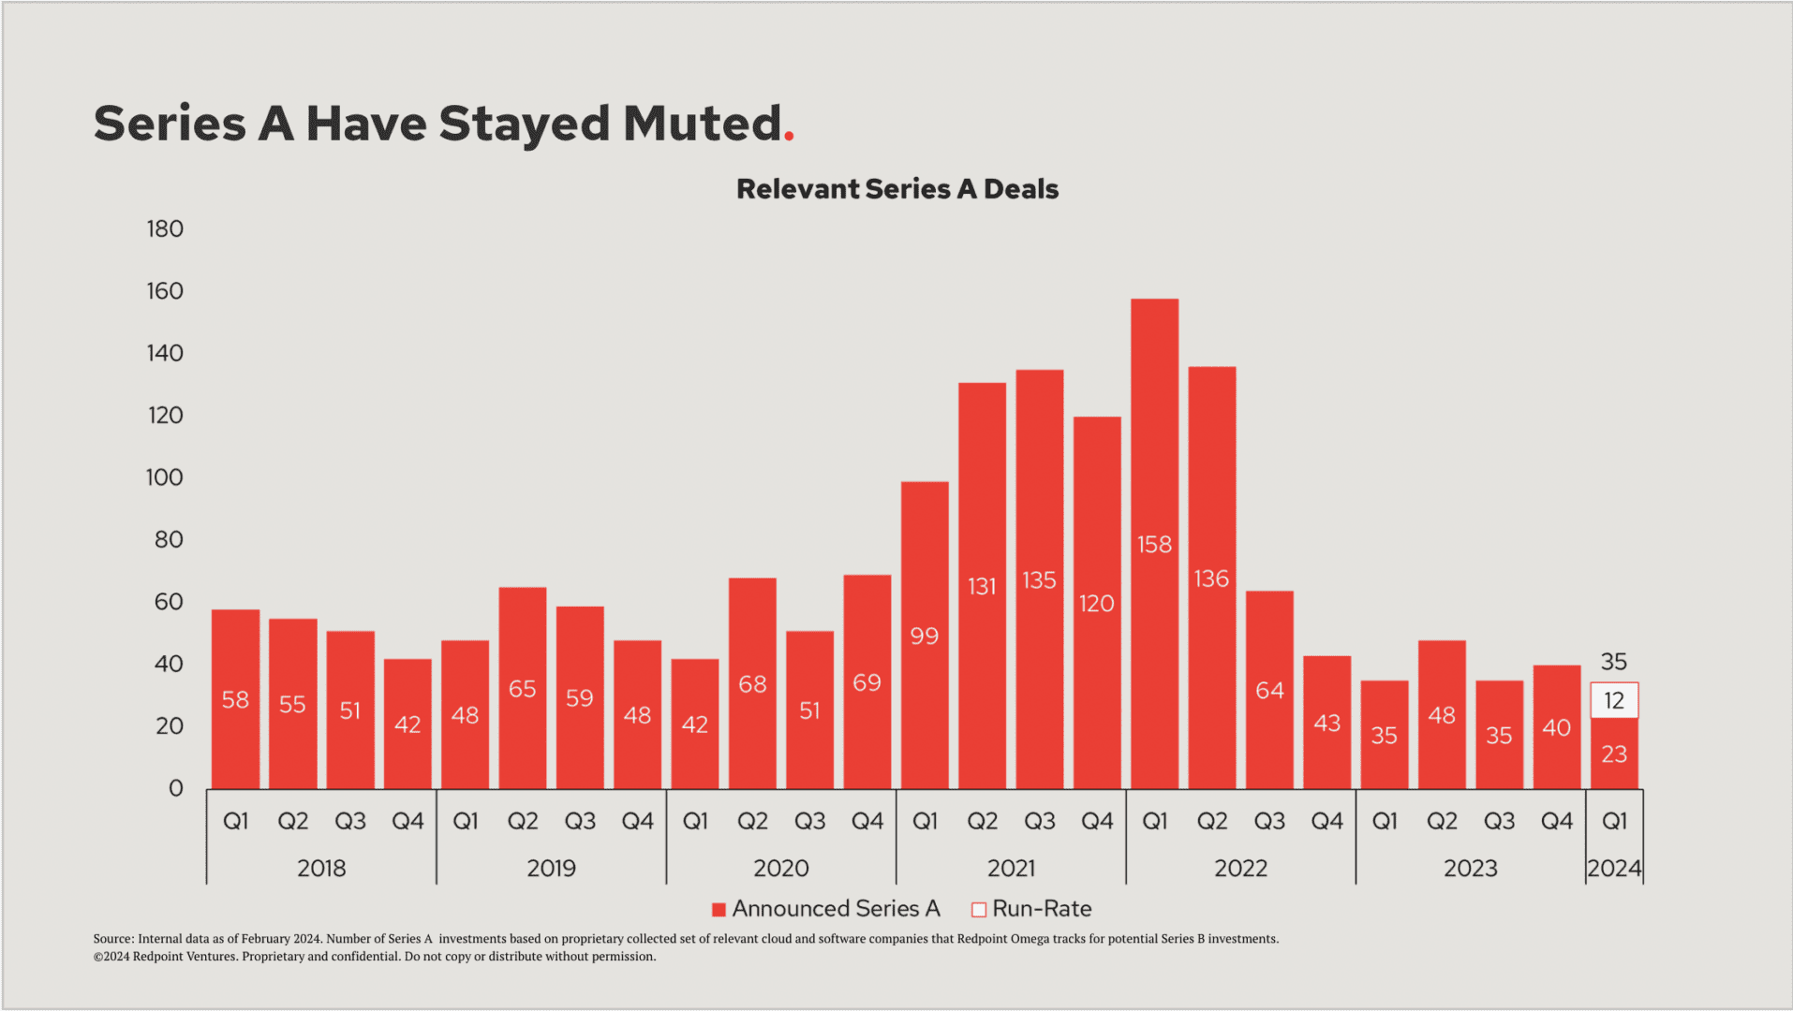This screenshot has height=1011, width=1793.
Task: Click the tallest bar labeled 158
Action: point(1154,543)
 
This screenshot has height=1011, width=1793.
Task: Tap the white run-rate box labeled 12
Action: point(1614,700)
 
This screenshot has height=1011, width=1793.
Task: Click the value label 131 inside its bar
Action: point(982,586)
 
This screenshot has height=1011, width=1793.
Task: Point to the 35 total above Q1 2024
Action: point(1613,662)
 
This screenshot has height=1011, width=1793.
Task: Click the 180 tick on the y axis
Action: point(165,229)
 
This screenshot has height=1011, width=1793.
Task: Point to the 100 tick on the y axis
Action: point(165,477)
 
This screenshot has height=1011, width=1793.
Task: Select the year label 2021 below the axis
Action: point(1011,869)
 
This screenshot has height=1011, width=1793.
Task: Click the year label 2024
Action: point(1614,869)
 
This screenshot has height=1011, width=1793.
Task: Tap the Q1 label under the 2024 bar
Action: point(1614,821)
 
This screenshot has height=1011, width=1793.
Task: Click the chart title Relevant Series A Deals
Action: point(896,189)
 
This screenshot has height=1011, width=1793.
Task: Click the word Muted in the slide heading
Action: point(702,124)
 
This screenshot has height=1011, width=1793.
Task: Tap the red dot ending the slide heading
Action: point(789,137)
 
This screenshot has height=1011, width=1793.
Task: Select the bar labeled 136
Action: point(1211,578)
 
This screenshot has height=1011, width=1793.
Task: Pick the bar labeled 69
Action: point(867,681)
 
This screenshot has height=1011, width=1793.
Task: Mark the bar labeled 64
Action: point(1269,690)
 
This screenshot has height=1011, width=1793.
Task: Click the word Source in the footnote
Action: point(112,939)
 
